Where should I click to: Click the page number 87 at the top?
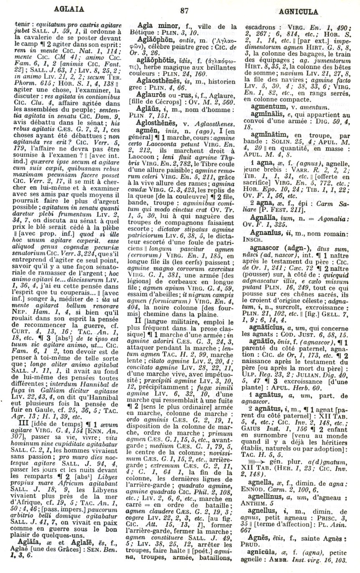(x=180, y=11)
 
